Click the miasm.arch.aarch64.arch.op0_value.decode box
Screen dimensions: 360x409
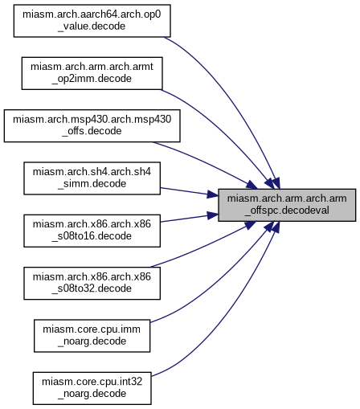click(x=92, y=21)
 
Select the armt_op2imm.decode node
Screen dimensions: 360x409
click(x=92, y=73)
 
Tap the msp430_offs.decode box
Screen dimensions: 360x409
click(x=92, y=125)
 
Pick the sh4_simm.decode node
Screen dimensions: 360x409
click(x=92, y=178)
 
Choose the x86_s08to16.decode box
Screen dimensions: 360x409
click(x=92, y=231)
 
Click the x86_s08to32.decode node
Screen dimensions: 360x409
click(x=92, y=283)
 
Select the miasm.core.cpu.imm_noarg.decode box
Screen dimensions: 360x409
click(x=92, y=336)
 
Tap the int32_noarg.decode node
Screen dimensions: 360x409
click(x=92, y=388)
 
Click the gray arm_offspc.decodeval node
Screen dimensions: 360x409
click(x=287, y=205)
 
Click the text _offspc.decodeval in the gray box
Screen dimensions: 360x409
click(x=287, y=211)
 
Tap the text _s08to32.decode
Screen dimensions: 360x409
click(x=92, y=288)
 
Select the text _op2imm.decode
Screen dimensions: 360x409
click(x=92, y=79)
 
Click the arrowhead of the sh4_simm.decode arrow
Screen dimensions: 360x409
click(x=213, y=195)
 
